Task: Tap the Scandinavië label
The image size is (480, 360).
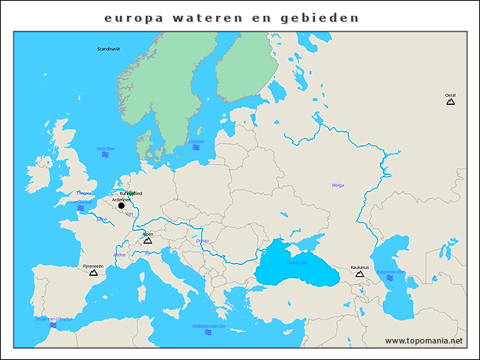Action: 109,49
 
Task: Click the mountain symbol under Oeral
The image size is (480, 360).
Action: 450,102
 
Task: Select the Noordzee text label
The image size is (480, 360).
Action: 106,148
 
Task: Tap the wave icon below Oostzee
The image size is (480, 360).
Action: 196,148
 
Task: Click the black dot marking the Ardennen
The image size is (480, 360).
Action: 121,205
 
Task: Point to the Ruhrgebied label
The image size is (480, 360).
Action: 131,193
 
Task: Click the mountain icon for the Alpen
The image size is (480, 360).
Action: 148,241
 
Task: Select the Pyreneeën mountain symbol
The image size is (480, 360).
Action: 94,272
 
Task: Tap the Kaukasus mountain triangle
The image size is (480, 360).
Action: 359,274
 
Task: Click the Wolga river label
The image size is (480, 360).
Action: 337,184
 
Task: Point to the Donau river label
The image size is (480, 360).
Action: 202,241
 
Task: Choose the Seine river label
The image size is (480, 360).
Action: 101,219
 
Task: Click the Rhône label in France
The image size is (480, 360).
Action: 119,255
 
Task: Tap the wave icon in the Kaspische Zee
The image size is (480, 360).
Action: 390,278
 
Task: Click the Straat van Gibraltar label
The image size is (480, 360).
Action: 54,319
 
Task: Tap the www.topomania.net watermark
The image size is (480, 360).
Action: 424,340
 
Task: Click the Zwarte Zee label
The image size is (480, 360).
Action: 296,262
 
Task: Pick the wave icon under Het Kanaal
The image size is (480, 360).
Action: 81,208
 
